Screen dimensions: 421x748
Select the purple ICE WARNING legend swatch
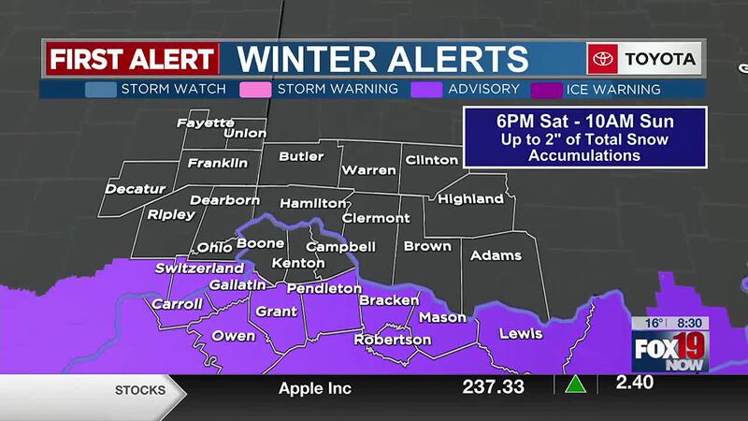coord(546,90)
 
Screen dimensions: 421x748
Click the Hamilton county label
coord(314,202)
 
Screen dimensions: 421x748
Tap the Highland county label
coord(470,198)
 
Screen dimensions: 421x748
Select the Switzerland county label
coord(200,268)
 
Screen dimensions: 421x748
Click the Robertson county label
coord(393,340)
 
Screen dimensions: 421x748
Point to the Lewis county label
coord(521,333)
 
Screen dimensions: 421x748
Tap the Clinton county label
coord(431,160)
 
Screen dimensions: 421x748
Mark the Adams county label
coord(496,255)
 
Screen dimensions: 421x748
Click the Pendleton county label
coord(324,288)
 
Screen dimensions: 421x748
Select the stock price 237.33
coord(493,386)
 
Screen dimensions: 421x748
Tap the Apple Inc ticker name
coord(315,387)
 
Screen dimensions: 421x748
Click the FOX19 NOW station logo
coord(670,351)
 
